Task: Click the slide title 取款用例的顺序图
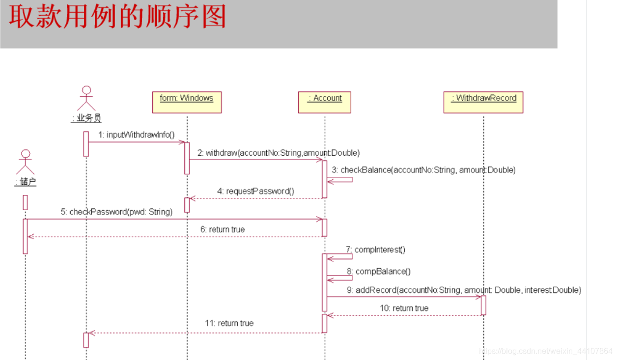[x=117, y=18]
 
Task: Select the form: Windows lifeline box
[x=187, y=102]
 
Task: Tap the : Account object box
[x=324, y=102]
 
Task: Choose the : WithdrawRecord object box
[x=483, y=102]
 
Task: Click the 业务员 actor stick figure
[x=86, y=98]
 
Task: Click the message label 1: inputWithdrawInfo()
[x=137, y=135]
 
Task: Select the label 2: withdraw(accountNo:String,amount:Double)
[x=279, y=153]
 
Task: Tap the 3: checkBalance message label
[x=423, y=170]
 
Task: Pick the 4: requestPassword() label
[x=256, y=191]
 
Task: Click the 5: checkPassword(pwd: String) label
[x=116, y=212]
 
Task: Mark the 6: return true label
[x=222, y=229]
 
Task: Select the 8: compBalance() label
[x=378, y=271]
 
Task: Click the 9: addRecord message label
[x=464, y=290]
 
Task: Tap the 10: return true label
[x=404, y=308]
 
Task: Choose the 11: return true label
[x=229, y=323]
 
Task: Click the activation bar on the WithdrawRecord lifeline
[x=483, y=305]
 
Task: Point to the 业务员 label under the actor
[x=86, y=118]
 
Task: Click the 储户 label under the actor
[x=26, y=182]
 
